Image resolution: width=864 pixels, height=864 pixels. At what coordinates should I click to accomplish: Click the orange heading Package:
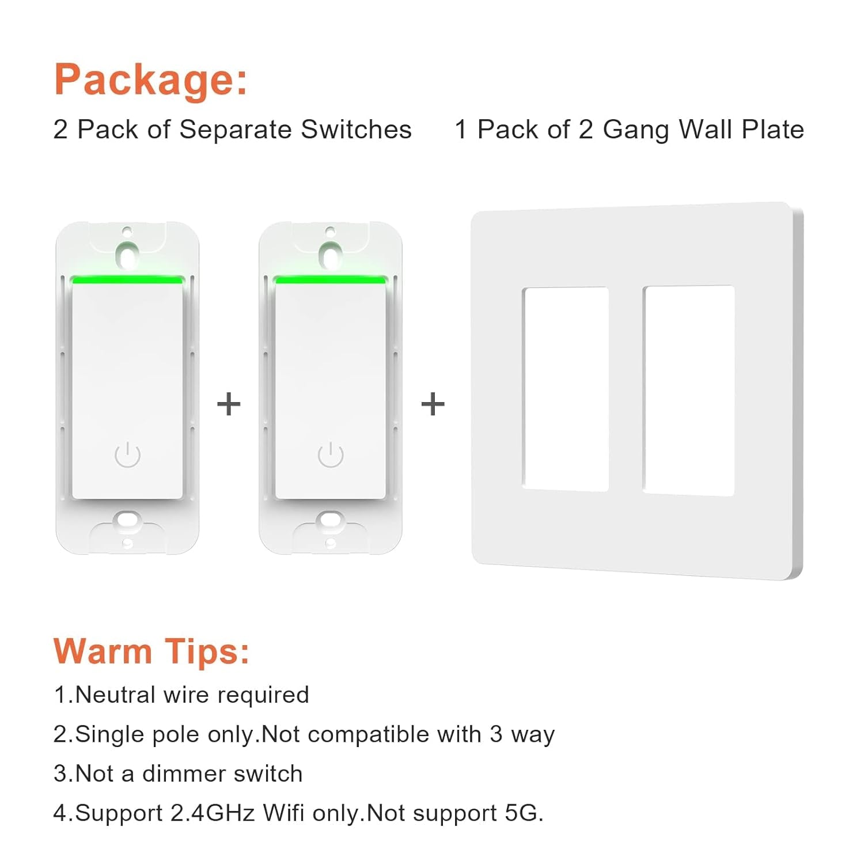(150, 80)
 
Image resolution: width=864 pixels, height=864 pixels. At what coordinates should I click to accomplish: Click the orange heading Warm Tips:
(151, 651)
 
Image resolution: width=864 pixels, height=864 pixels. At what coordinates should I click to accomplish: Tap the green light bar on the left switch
(127, 281)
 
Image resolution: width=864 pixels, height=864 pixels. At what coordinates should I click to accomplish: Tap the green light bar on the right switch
(330, 281)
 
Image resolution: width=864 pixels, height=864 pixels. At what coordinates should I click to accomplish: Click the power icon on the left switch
(127, 455)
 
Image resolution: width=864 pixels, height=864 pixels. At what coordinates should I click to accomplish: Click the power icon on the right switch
(331, 455)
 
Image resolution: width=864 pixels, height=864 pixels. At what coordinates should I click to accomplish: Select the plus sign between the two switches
(228, 404)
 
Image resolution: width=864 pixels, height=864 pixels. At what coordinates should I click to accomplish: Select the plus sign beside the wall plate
(433, 404)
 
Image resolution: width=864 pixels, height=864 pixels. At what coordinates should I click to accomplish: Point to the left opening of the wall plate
(566, 389)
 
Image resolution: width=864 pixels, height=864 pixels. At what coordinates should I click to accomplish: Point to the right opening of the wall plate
(689, 390)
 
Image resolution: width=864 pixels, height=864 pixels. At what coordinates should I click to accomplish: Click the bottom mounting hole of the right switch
(330, 520)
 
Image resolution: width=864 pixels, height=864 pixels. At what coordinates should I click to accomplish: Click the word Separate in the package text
(236, 130)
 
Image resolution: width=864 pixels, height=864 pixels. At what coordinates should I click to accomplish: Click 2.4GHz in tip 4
(212, 813)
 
